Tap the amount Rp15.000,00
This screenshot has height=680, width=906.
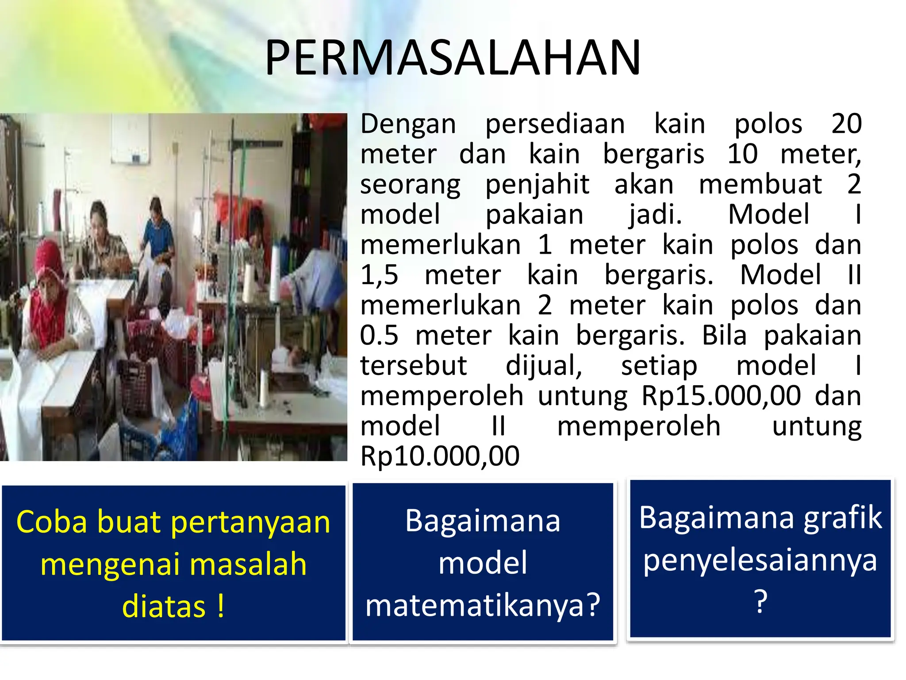(721, 395)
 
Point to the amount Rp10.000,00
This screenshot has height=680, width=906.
(440, 456)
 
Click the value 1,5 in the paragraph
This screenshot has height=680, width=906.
(379, 275)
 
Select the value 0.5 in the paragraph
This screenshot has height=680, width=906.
(379, 335)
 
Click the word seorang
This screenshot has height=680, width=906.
(410, 185)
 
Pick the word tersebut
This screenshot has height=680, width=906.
(413, 366)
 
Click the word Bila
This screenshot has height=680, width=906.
(724, 336)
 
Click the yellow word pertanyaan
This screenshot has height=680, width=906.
(250, 522)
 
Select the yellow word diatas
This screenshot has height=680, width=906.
(164, 607)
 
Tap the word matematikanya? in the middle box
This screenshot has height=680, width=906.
(483, 606)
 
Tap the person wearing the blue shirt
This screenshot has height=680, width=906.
(157, 230)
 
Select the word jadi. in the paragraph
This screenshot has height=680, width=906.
(656, 215)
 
